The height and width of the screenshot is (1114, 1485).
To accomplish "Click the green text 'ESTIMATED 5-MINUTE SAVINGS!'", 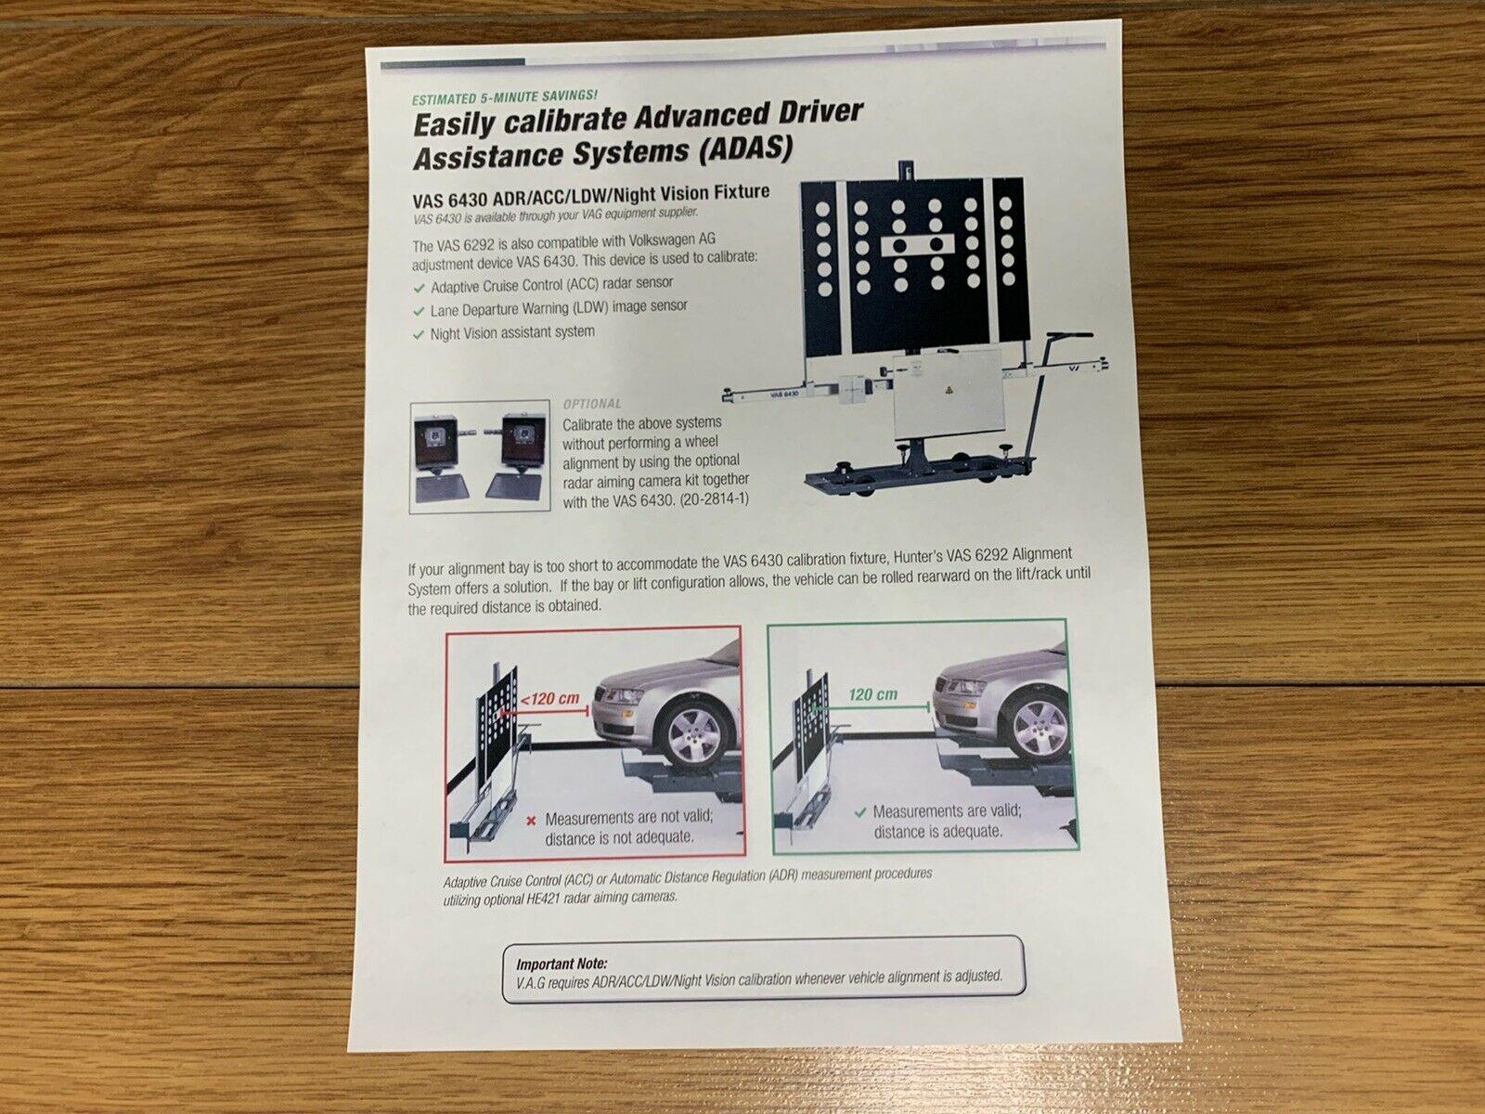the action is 505,97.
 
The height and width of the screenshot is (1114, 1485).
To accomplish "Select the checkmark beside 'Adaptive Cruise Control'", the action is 419,288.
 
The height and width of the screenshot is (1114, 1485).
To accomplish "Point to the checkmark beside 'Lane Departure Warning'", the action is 419,312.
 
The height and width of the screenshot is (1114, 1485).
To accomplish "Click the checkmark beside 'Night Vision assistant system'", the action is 419,335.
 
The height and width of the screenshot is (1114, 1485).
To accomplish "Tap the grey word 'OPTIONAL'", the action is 592,404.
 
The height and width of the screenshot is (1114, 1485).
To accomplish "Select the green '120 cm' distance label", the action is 872,694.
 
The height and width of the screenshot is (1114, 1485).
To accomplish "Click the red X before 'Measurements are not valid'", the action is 531,822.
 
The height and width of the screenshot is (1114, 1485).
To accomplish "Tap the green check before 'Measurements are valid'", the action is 859,812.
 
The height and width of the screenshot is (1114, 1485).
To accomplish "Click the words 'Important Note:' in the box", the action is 562,964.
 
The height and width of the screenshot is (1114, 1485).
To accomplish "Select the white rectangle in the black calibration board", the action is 917,245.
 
